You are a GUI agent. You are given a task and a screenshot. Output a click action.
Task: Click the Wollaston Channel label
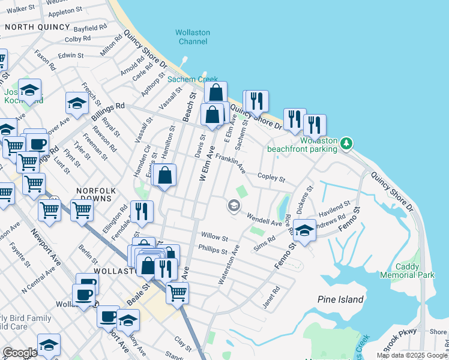192,37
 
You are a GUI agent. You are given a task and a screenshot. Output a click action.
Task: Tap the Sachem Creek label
193,79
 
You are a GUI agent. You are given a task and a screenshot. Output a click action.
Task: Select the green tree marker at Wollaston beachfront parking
346,144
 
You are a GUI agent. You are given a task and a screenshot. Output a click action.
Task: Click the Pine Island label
340,299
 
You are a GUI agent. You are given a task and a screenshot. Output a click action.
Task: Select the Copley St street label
271,177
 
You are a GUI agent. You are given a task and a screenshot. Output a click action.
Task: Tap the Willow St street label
215,238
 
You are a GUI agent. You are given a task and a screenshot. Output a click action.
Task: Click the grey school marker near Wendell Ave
233,206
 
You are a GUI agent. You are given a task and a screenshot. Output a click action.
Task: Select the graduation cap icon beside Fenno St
304,230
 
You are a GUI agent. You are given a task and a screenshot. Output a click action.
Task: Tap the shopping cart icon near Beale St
176,292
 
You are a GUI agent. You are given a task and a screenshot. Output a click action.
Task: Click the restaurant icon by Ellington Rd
142,211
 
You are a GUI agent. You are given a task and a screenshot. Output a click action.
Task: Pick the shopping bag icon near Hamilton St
164,175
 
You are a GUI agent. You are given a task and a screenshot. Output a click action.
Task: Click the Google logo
19,353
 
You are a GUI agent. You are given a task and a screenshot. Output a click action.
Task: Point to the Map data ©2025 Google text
412,355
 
